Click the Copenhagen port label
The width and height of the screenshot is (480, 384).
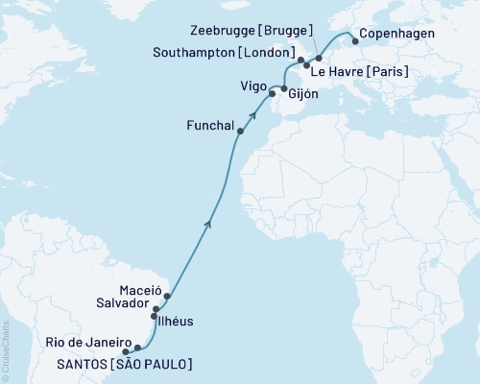click(396, 34)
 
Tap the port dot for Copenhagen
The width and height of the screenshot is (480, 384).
click(355, 41)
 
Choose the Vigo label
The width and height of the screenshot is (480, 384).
click(252, 85)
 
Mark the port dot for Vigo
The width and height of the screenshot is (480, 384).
click(272, 94)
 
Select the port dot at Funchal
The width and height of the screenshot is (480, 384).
click(240, 132)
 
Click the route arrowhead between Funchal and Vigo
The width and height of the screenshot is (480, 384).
click(253, 112)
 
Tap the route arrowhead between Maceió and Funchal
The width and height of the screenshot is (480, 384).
click(208, 224)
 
